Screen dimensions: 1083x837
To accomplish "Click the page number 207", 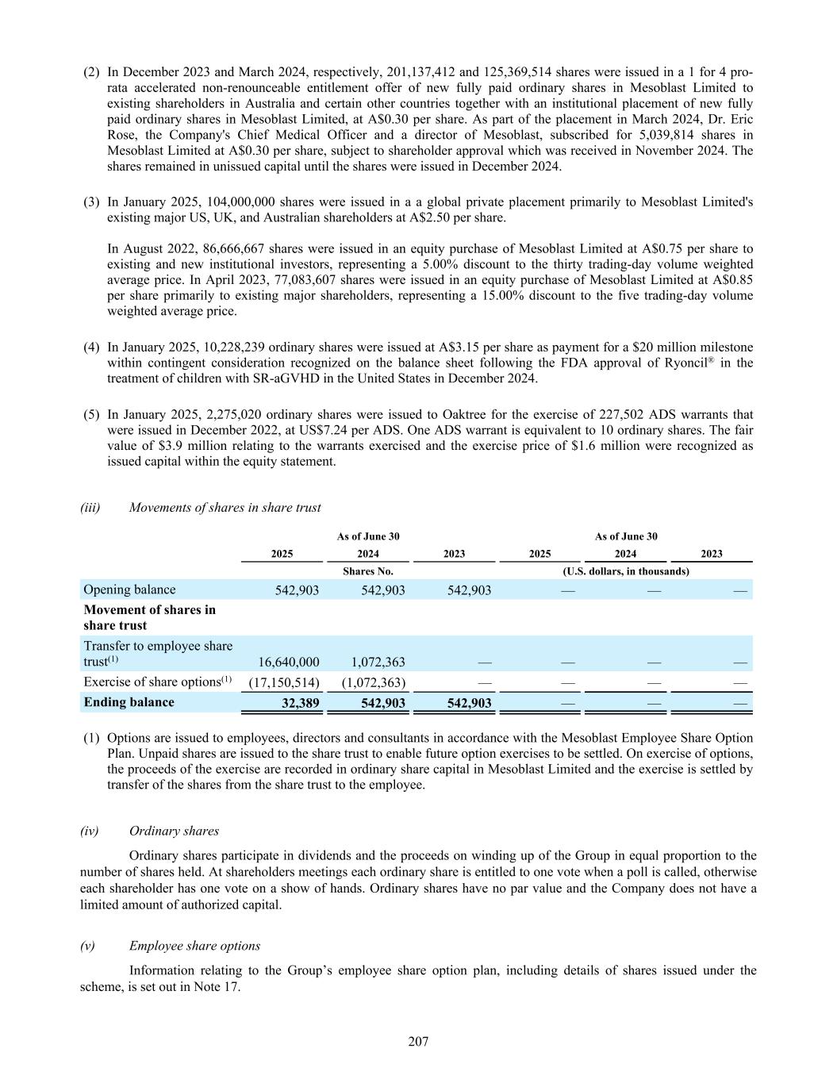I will click(418, 1042).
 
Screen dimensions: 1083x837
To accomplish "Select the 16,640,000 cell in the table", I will click(289, 662).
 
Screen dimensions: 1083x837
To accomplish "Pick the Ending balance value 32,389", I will click(300, 702).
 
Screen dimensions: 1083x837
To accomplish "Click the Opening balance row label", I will click(129, 590).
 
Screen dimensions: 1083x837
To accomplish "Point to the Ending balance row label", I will click(129, 702).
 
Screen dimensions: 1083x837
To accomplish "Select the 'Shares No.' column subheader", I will click(367, 571).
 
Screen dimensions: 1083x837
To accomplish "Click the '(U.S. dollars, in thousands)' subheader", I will click(625, 571).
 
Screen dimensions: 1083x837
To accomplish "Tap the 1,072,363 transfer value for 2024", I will click(378, 662).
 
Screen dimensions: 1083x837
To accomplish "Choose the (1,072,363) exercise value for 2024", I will click(374, 682).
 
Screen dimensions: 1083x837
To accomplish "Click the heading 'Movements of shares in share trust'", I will click(225, 507).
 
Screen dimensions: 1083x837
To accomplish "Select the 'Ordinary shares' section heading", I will click(174, 831).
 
